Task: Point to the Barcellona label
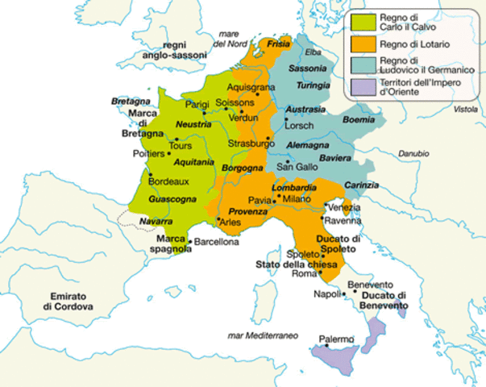(x=214, y=242)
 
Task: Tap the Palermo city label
(x=336, y=339)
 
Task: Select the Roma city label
(x=305, y=274)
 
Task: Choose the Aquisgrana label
(x=251, y=86)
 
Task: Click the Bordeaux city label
(x=168, y=181)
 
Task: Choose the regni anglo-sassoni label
(x=163, y=51)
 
